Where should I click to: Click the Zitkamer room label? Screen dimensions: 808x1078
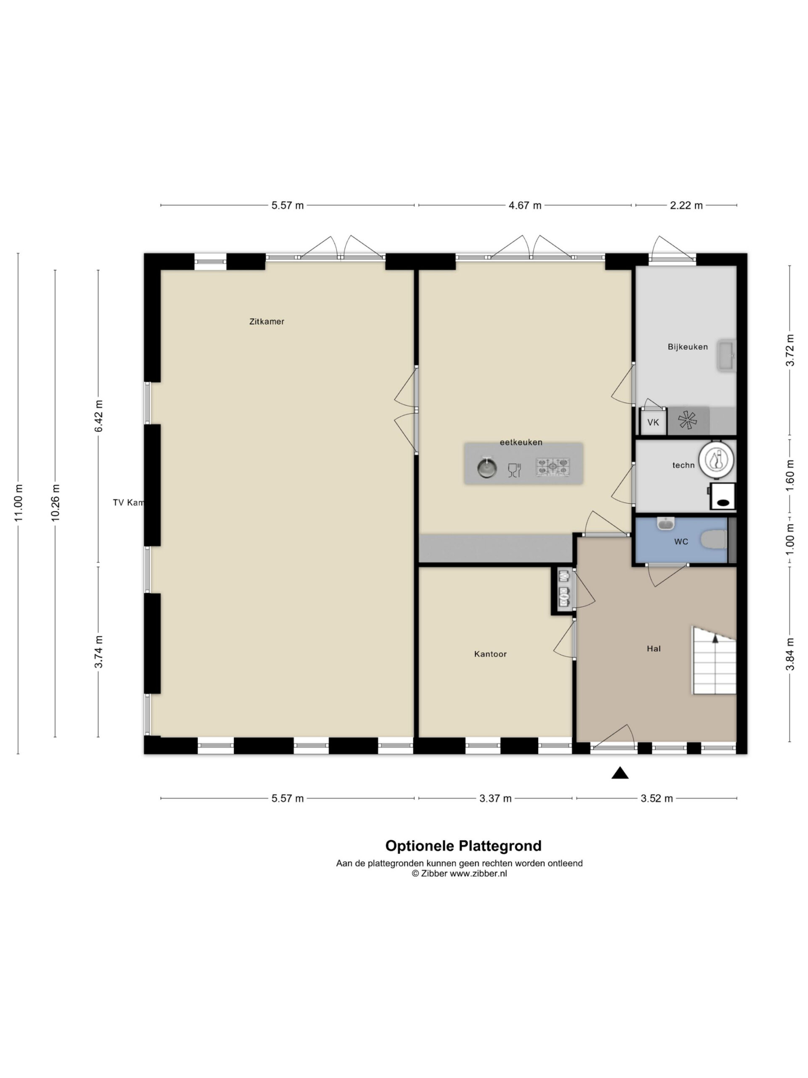tap(266, 322)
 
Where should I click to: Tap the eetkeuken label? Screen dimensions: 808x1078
tap(521, 442)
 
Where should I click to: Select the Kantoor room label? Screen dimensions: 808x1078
tap(490, 654)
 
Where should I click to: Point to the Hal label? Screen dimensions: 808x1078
tap(654, 648)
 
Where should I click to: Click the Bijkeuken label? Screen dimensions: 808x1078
tap(687, 347)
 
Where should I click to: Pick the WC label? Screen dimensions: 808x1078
tap(681, 542)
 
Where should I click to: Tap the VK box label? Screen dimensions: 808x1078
tap(653, 422)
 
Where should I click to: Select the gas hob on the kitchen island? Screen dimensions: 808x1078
tap(553, 467)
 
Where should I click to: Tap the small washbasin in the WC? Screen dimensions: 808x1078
tap(665, 524)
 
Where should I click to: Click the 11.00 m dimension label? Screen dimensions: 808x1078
tap(19, 503)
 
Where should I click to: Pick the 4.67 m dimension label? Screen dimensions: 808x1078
tap(525, 205)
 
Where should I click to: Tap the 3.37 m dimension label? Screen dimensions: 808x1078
tap(495, 798)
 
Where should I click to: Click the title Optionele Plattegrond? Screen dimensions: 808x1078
tap(463, 846)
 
